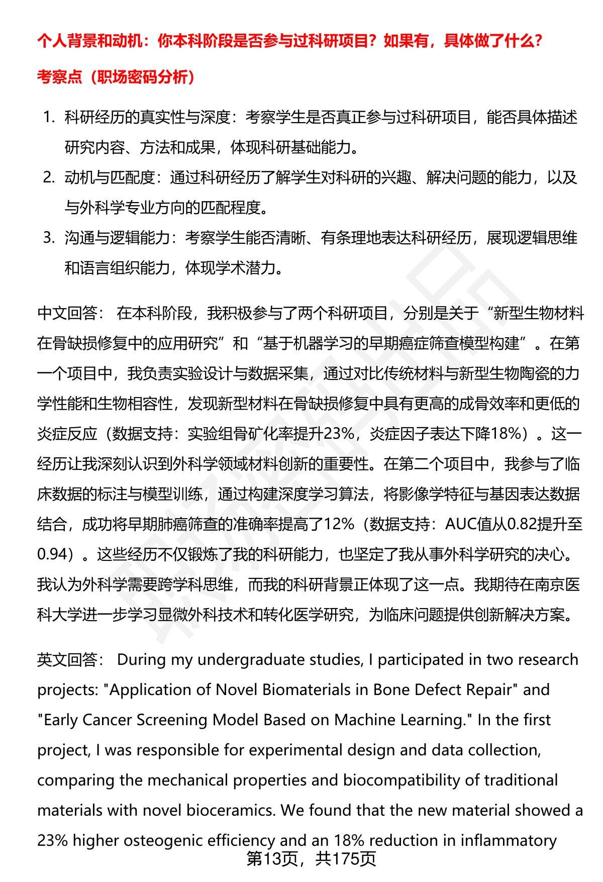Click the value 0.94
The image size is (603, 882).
click(x=52, y=554)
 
